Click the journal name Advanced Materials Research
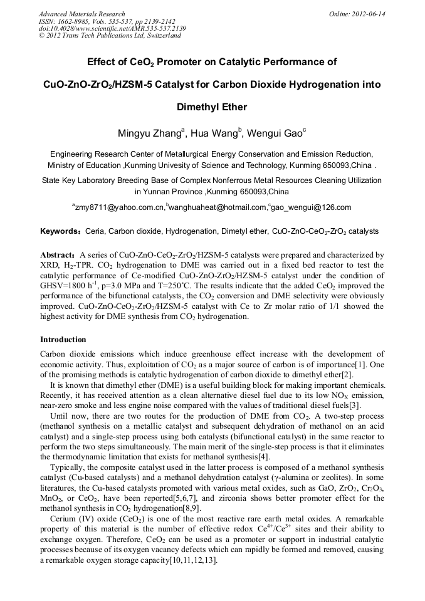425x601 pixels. pyautogui.click(x=81, y=14)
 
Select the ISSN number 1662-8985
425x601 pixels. pyautogui.click(x=73, y=21)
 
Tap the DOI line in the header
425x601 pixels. pyautogui.click(x=112, y=28)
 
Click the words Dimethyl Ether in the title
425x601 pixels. pyautogui.click(x=212, y=107)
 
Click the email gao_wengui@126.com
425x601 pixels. pyautogui.click(x=311, y=207)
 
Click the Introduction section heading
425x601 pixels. pyautogui.click(x=63, y=339)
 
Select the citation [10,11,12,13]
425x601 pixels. pyautogui.click(x=192, y=560)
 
